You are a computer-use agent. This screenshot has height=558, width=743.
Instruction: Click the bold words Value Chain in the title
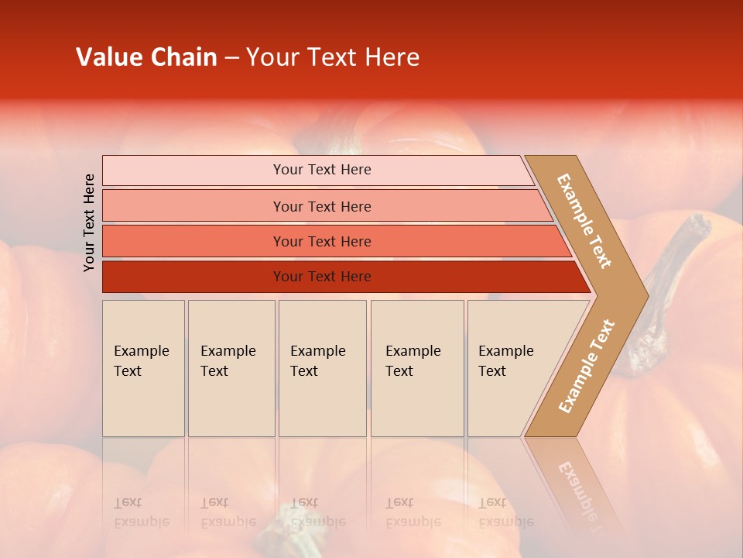[146, 57]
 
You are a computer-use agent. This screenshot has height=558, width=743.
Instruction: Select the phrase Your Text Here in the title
[333, 57]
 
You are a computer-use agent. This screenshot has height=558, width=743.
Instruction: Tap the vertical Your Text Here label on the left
[89, 223]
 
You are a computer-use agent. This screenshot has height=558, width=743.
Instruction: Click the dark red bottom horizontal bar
[193, 277]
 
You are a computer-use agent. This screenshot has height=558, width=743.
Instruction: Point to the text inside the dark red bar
[322, 277]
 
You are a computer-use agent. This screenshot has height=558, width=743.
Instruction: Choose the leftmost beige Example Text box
[143, 368]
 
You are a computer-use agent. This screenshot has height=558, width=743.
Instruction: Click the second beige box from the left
[231, 368]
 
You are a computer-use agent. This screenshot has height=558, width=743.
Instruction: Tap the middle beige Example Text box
[322, 368]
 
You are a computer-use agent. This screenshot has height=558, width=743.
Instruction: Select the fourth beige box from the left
[417, 368]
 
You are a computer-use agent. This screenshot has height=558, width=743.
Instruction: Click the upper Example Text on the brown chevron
[584, 221]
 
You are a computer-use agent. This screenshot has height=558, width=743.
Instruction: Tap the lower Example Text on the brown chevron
[587, 366]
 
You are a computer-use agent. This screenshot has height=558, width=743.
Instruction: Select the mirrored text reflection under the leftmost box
[142, 512]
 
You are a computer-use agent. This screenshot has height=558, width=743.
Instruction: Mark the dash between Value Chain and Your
[231, 58]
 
